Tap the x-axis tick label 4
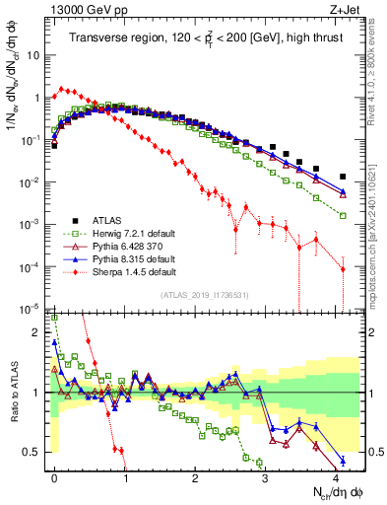click(x=336, y=476)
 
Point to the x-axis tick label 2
click(x=195, y=476)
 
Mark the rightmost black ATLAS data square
click(x=343, y=177)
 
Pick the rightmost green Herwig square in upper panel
click(x=343, y=214)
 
